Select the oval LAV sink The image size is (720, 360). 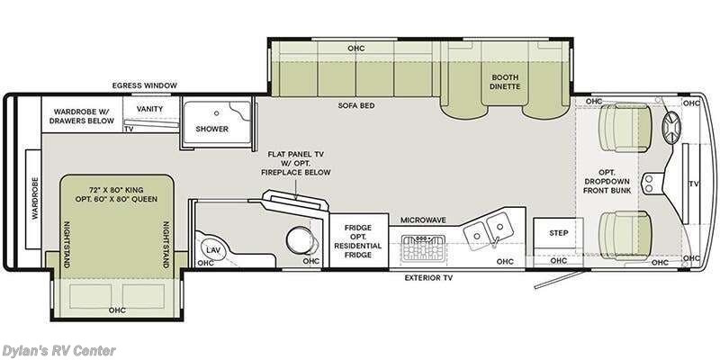[212, 250]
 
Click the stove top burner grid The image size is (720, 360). [423, 247]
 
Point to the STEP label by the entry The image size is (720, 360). [558, 233]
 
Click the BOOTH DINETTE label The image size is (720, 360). [505, 82]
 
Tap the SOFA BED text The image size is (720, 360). [356, 105]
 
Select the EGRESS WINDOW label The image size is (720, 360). [144, 85]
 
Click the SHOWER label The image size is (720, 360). [211, 129]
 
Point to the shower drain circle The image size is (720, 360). [217, 112]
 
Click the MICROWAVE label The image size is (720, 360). [423, 220]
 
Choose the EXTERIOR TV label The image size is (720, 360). [428, 278]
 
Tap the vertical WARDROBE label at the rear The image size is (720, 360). [34, 198]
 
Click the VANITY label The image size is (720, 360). [149, 109]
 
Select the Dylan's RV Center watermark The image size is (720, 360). [58, 351]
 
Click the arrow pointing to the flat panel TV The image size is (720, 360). [296, 190]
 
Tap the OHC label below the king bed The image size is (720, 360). [117, 310]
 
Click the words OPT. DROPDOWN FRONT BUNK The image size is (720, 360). [607, 182]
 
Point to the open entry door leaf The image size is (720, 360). [559, 280]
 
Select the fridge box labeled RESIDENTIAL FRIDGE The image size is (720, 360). [358, 240]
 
